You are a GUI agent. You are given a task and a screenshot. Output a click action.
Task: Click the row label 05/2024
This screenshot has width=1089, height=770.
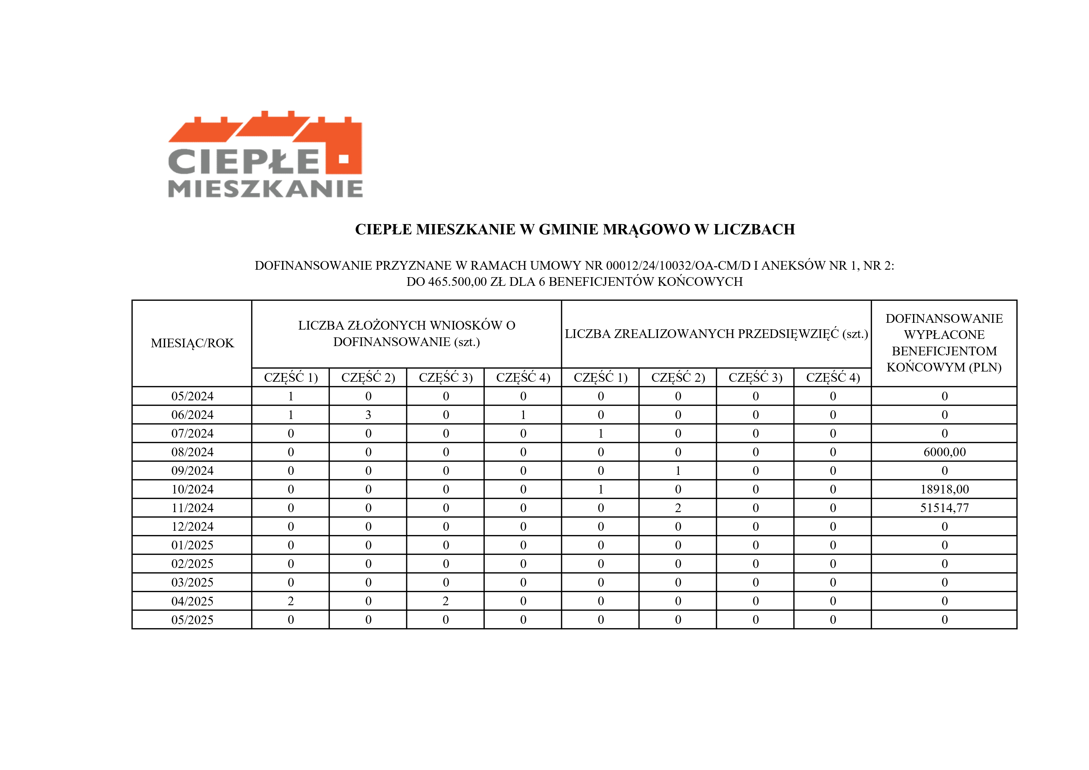(192, 396)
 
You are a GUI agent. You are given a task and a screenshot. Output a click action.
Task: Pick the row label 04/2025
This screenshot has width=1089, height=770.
(192, 601)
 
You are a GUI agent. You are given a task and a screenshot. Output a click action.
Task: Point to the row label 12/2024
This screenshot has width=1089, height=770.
(192, 527)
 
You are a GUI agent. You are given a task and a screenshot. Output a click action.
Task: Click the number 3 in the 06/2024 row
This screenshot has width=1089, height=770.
(368, 415)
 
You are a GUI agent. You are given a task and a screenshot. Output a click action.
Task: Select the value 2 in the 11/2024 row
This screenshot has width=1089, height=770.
(678, 508)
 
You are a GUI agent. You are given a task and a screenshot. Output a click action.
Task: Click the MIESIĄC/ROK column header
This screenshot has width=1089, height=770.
(192, 343)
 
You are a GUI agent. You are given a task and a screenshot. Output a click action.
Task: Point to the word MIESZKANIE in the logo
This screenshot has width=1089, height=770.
(266, 188)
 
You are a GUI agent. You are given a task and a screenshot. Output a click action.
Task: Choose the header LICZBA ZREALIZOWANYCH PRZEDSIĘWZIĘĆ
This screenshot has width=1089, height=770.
(716, 334)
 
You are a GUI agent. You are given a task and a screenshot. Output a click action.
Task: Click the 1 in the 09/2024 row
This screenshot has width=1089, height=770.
(678, 471)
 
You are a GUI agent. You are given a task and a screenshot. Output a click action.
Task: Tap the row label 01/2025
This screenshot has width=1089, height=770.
(192, 545)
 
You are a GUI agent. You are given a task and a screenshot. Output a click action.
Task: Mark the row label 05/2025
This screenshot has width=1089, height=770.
(192, 619)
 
